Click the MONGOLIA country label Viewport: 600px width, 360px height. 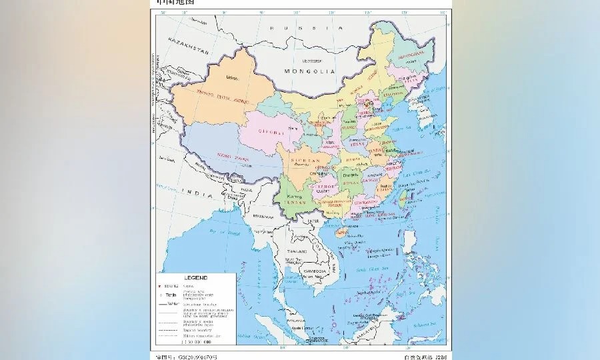click(308, 71)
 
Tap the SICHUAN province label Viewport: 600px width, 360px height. click(305, 161)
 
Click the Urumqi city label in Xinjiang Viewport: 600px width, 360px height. click(231, 78)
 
